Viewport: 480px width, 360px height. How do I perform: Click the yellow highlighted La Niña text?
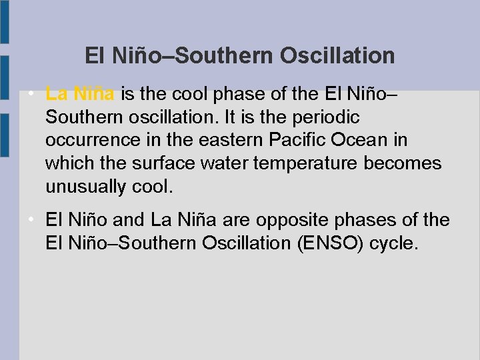click(x=80, y=94)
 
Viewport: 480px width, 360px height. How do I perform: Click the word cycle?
click(x=397, y=243)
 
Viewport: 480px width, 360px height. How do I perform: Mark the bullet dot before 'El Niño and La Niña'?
click(x=32, y=219)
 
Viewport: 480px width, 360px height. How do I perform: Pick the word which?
click(x=67, y=164)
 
